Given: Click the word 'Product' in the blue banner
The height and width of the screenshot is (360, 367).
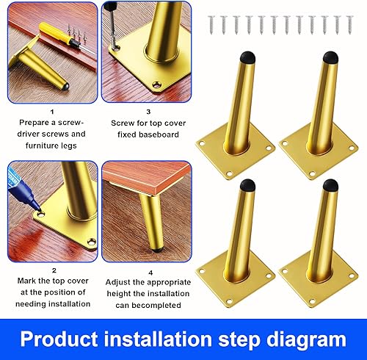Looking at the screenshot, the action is click(x=59, y=339).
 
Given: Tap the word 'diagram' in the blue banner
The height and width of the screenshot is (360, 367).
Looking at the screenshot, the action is click(x=306, y=340).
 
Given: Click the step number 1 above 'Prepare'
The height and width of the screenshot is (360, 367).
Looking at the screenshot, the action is click(x=52, y=112).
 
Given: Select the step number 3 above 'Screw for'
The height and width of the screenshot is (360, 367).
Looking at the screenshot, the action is click(x=148, y=112).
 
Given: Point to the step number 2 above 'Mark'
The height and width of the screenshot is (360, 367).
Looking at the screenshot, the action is click(x=54, y=270).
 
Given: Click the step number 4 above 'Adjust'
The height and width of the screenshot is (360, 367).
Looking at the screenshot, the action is click(x=150, y=273).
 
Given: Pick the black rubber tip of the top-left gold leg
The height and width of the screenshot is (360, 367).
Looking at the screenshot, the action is click(x=247, y=57).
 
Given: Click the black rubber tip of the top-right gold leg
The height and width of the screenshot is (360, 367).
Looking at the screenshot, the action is click(x=331, y=57).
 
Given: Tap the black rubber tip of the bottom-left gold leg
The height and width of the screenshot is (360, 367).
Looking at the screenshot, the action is click(x=247, y=185).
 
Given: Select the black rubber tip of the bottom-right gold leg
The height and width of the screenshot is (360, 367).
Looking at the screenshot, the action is click(x=331, y=185).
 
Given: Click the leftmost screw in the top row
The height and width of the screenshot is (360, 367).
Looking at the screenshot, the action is click(x=211, y=24).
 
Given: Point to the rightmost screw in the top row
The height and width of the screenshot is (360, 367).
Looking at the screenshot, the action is click(x=350, y=24).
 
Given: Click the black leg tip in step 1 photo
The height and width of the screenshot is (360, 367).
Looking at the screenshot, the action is click(x=65, y=86).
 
